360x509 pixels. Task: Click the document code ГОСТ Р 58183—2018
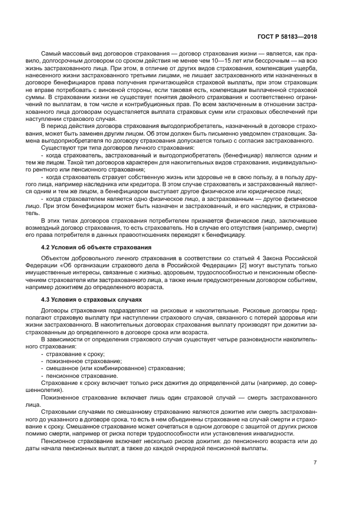(x=288, y=36)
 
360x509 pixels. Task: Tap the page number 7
(x=315, y=463)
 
